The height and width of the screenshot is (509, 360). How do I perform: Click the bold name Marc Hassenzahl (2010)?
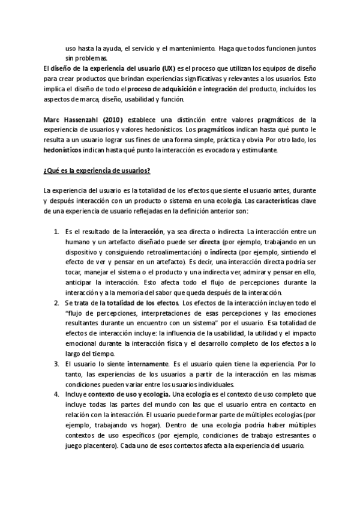point(83,120)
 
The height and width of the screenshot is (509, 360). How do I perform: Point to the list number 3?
point(56,364)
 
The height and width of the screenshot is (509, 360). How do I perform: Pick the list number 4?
point(56,394)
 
